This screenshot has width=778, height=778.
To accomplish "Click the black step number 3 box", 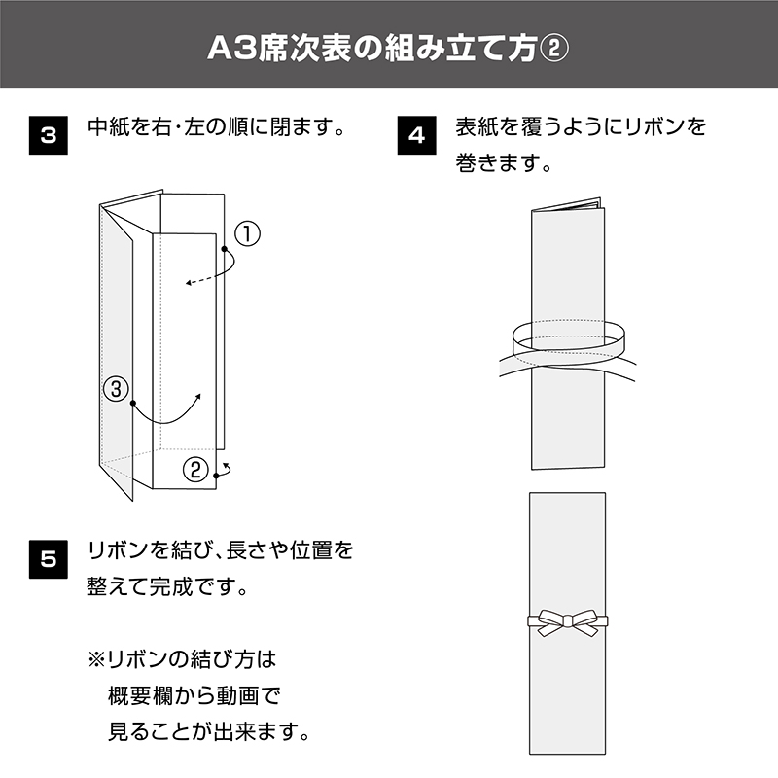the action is pos(48,135).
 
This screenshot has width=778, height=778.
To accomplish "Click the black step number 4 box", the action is pos(417,135).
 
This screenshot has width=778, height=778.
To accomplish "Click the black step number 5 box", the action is pos(48,559).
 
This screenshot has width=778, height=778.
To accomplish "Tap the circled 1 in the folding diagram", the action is pos(247,233).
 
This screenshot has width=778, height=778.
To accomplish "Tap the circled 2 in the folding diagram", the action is pos(195,469).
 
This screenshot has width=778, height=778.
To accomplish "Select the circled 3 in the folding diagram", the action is pos(116,388).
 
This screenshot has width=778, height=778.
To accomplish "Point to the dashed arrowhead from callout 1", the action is pos(189,283).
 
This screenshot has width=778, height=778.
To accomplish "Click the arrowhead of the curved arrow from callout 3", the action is pos(198,397).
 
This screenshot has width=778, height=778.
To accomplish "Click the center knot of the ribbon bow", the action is pos(567,620).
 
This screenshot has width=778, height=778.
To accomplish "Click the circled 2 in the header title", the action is pos(553,50).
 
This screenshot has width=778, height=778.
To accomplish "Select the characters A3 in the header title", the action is pos(230,50).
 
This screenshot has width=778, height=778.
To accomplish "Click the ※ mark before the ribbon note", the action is pos(96,660).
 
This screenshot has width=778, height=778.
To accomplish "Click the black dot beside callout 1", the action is pos(225,249).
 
